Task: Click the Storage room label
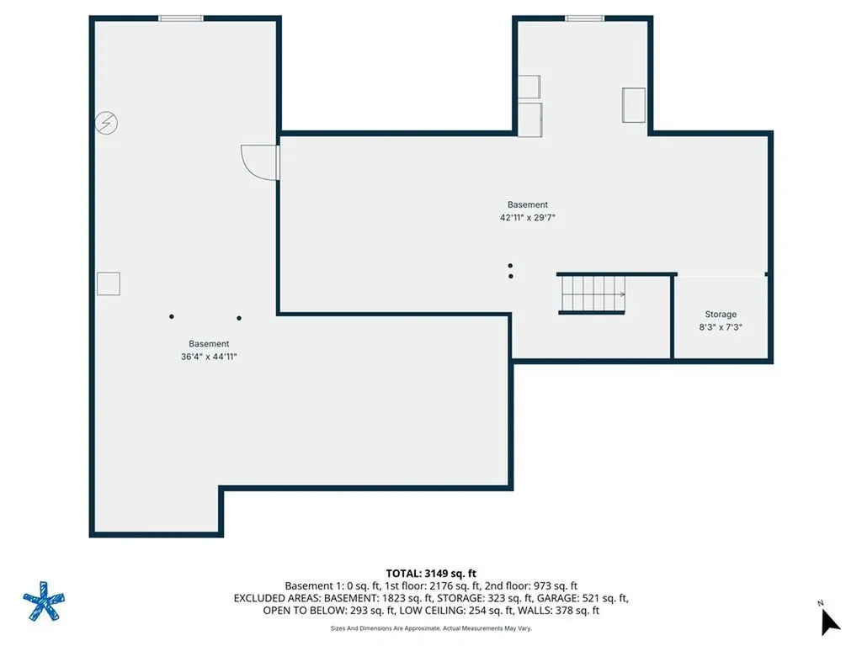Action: pyautogui.click(x=721, y=315)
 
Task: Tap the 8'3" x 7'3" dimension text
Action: pyautogui.click(x=721, y=327)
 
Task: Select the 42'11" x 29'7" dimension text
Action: pyautogui.click(x=527, y=218)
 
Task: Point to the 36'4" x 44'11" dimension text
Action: pyautogui.click(x=209, y=357)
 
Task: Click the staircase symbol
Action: pyautogui.click(x=592, y=294)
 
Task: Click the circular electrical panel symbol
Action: pyautogui.click(x=106, y=123)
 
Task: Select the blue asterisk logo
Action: pyautogui.click(x=44, y=601)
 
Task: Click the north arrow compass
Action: pyautogui.click(x=829, y=622)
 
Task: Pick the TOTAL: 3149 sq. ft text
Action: pyautogui.click(x=430, y=574)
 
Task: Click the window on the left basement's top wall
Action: pyautogui.click(x=181, y=19)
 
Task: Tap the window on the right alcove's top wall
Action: pyautogui.click(x=584, y=19)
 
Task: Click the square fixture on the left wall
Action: pyautogui.click(x=109, y=284)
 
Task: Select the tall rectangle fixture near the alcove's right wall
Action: pyautogui.click(x=633, y=105)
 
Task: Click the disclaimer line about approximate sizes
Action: pyautogui.click(x=431, y=628)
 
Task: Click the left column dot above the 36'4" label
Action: pyautogui.click(x=172, y=316)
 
